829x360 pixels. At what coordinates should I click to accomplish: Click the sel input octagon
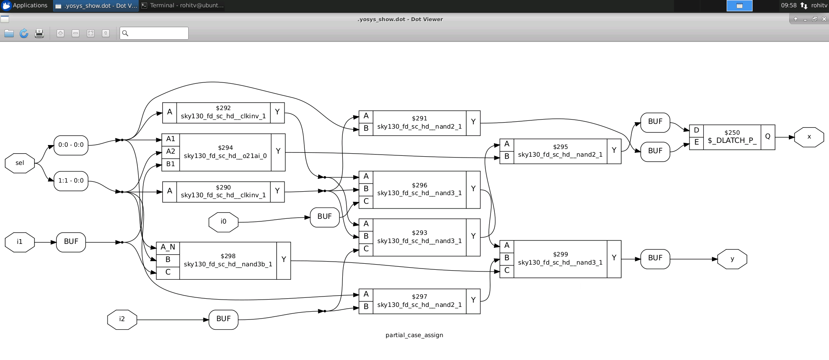point(20,163)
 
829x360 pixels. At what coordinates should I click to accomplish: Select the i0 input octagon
point(223,222)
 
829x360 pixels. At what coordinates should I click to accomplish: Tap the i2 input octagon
point(122,319)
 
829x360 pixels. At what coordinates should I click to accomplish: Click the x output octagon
point(809,137)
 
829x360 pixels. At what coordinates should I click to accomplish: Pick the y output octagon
point(732,259)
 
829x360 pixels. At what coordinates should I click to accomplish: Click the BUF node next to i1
point(71,242)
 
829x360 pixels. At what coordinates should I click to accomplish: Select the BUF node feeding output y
point(655,258)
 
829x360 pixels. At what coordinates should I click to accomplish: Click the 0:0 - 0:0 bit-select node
point(71,145)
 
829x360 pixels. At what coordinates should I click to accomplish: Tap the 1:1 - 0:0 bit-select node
point(71,181)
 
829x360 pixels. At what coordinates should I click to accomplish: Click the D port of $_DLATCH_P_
point(696,130)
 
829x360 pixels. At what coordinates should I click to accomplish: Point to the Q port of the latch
point(768,136)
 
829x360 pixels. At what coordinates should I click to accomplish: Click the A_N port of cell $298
point(168,247)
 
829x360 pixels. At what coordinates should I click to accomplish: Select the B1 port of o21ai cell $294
point(171,164)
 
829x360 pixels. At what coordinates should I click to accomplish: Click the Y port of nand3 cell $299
point(614,258)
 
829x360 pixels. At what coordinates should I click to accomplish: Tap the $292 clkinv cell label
point(223,112)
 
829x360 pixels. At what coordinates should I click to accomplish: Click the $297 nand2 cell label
point(419,301)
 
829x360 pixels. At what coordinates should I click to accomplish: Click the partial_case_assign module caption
point(414,335)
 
